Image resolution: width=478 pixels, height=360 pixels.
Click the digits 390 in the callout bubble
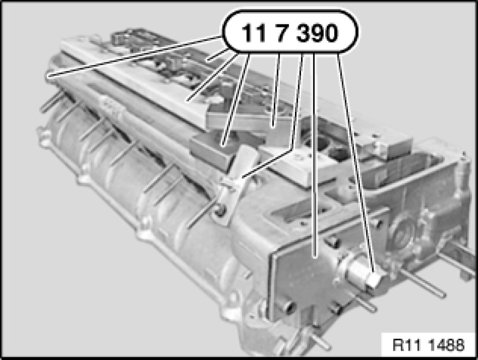click(317, 33)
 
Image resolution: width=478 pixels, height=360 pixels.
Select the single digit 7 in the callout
click(282, 33)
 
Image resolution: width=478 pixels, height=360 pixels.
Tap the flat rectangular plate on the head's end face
click(305, 268)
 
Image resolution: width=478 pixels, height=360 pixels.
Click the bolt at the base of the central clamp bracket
click(220, 210)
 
